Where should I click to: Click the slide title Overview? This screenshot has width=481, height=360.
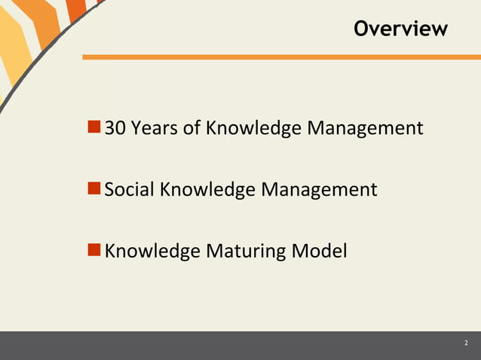400,29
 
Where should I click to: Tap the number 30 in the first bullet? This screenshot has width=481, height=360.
115,128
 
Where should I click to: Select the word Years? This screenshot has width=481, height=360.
155,128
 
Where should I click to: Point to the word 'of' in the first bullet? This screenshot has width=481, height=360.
192,128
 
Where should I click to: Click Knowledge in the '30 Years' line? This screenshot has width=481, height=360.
253,129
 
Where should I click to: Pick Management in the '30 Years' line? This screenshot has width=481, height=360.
365,129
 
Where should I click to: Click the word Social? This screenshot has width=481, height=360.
129,189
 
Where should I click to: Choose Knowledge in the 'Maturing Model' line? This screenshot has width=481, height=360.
152,251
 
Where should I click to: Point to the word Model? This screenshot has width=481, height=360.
320,250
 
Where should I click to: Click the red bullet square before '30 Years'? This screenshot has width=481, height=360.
94,127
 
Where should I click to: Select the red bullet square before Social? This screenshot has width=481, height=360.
94,188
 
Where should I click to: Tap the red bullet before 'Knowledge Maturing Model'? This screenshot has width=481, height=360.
94,249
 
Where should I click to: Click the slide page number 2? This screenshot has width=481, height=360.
465,344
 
